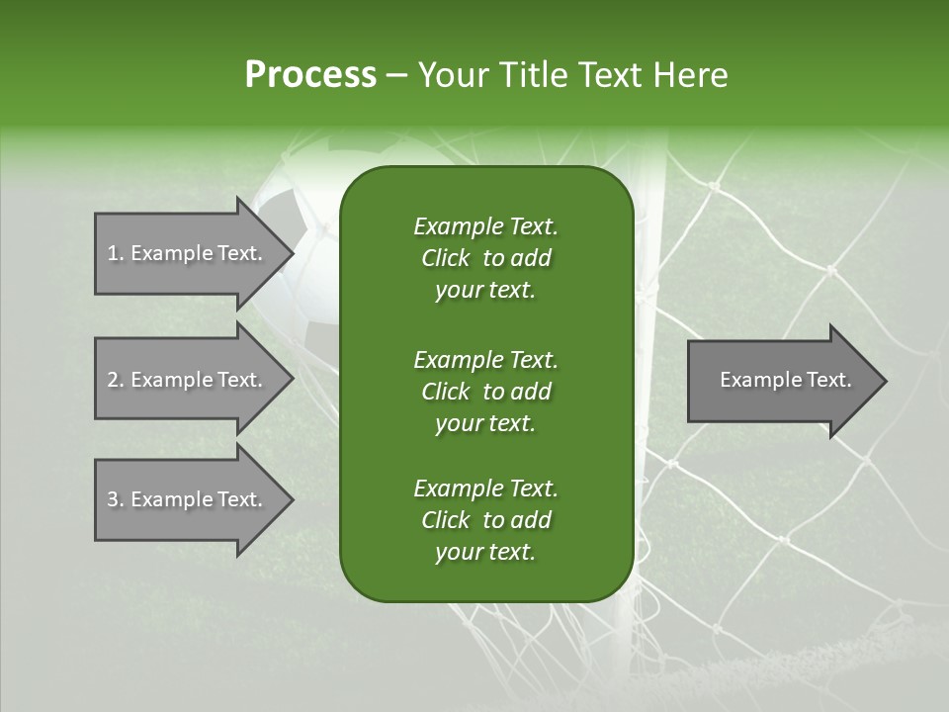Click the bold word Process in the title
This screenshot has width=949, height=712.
pos(310,74)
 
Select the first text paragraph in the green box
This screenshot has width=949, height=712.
pos(485,258)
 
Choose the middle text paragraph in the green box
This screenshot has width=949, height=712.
pos(485,391)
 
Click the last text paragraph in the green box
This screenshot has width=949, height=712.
pos(485,520)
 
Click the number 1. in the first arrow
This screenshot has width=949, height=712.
pos(116,253)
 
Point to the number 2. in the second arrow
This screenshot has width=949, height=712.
pos(116,380)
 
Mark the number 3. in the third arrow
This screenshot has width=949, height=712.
pos(116,499)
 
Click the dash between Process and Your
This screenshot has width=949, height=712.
pos(397,75)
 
